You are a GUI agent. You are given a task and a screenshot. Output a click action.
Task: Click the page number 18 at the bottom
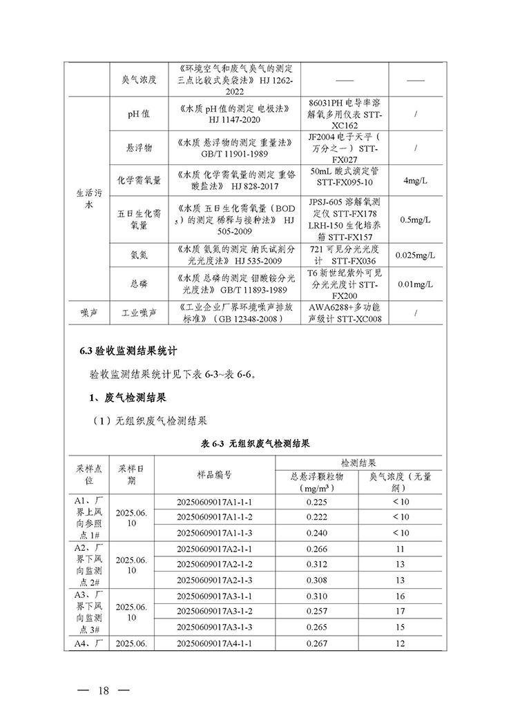pyautogui.click(x=104, y=691)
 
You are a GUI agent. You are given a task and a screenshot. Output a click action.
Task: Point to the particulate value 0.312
pyautogui.click(x=317, y=564)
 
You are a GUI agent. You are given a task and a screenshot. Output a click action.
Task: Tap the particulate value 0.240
pyautogui.click(x=317, y=533)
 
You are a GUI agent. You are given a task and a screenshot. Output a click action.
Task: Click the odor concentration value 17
pyautogui.click(x=401, y=612)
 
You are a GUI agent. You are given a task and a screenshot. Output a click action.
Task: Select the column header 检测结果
pyautogui.click(x=358, y=462)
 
